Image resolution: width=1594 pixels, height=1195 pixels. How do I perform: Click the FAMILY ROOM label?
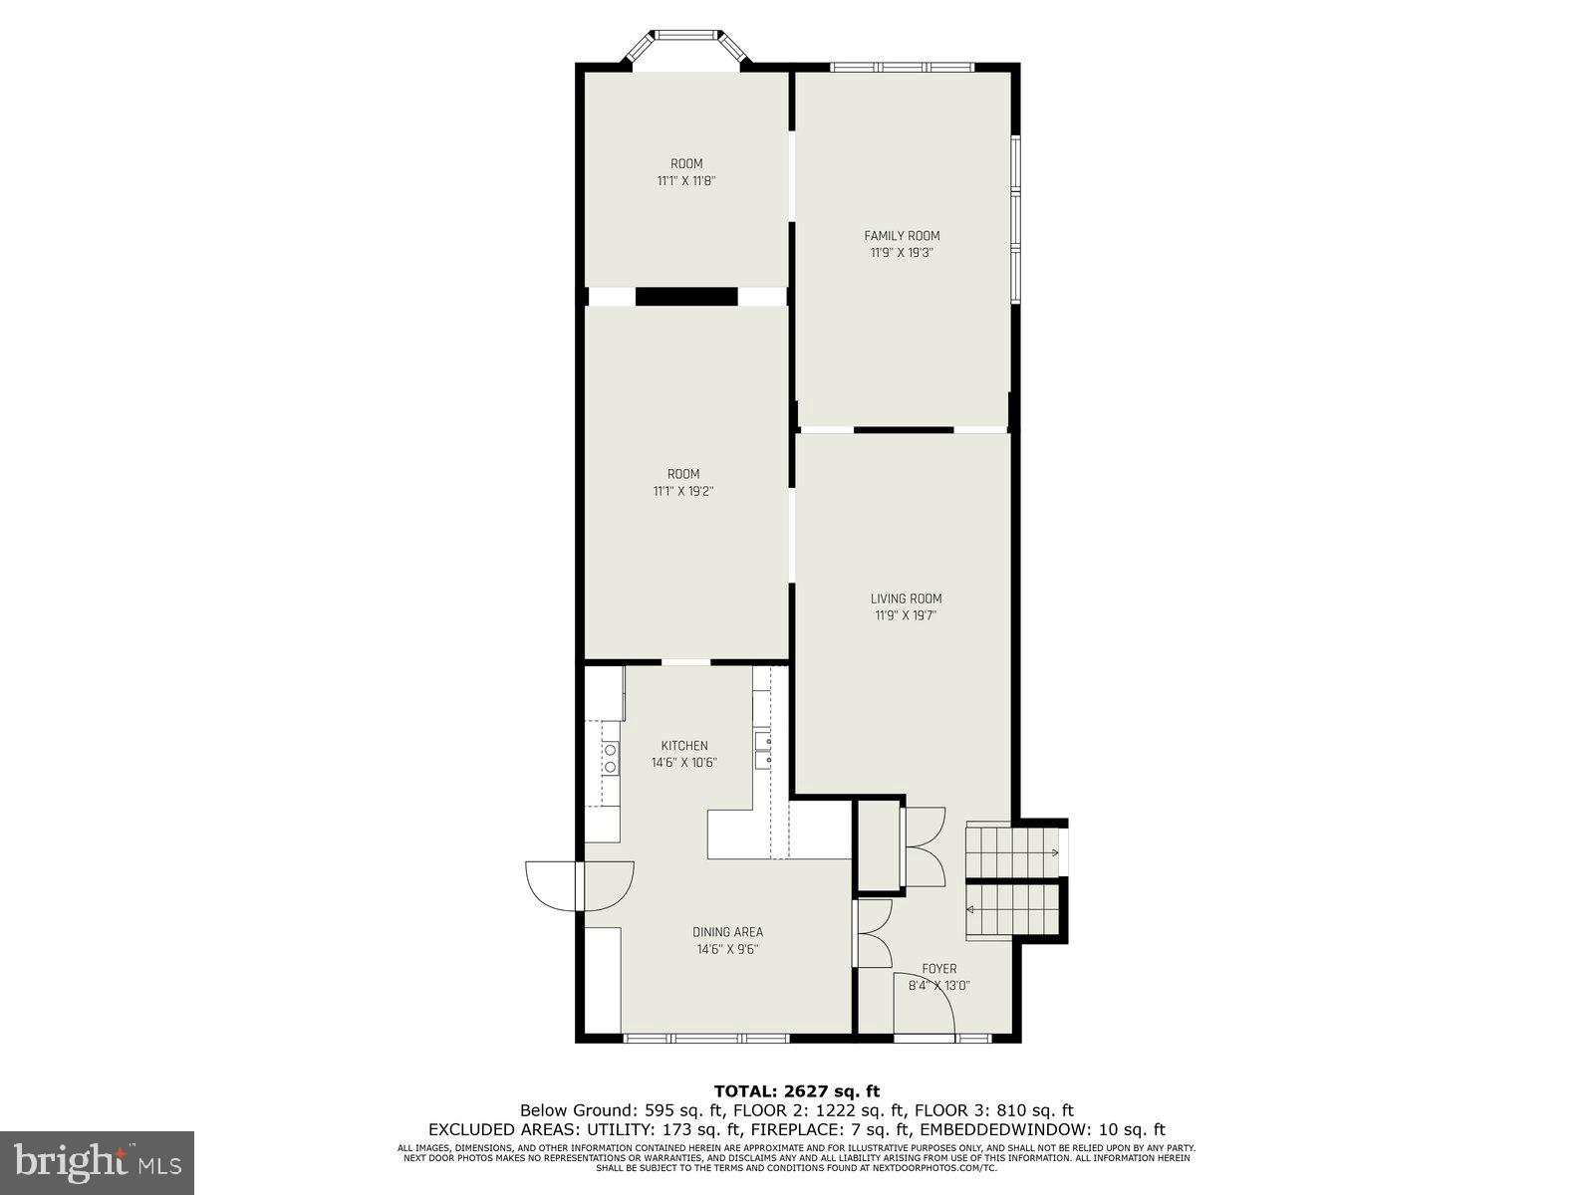[901, 236]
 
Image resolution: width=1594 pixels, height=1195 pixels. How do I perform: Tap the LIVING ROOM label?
[906, 598]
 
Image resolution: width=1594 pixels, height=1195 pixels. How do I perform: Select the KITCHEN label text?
[684, 746]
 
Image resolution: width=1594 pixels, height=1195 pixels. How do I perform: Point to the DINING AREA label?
[727, 932]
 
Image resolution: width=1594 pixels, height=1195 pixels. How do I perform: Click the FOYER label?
[938, 968]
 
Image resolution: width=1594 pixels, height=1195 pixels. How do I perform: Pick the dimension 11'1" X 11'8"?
[686, 181]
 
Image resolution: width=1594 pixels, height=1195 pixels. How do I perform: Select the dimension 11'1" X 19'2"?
[683, 491]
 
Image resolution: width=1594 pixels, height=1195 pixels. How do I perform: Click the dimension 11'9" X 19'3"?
[901, 253]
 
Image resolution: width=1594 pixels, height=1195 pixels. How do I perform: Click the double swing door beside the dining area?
[580, 885]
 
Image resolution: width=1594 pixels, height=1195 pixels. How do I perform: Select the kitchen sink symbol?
[763, 750]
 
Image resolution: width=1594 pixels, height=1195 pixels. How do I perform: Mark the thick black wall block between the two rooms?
[686, 297]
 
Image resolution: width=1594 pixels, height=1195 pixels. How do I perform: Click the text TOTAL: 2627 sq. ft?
[796, 1091]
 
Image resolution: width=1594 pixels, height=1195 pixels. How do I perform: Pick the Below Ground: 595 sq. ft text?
[614, 1110]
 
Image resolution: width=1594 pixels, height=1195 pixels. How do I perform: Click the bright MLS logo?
[97, 1160]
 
